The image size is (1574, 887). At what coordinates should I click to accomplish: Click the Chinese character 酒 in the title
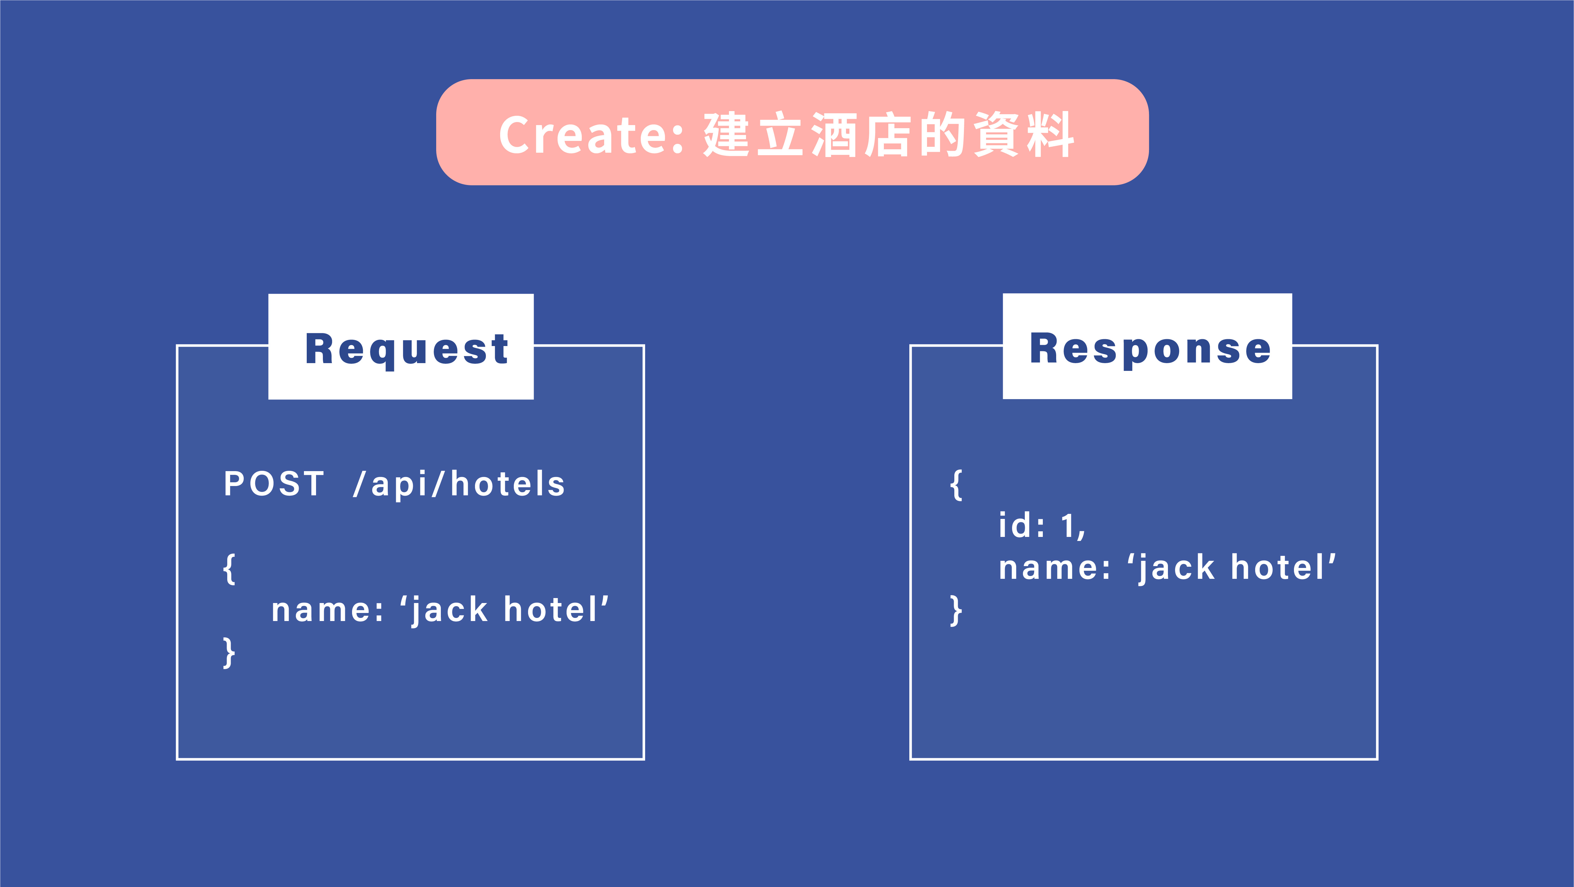835,134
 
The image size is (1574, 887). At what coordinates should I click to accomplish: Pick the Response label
1150,349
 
